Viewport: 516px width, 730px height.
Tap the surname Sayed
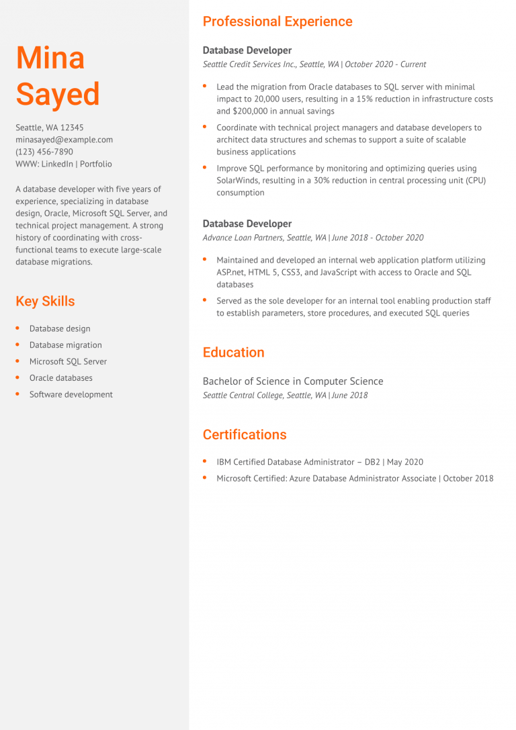(58, 94)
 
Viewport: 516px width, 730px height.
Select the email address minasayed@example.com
(64, 140)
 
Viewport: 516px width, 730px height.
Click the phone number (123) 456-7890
(44, 152)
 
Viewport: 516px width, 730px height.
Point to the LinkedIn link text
(57, 164)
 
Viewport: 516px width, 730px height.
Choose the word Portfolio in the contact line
(96, 164)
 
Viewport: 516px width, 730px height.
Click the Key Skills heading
(45, 301)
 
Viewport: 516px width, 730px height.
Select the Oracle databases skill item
(60, 378)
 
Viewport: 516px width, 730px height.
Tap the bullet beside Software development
(18, 394)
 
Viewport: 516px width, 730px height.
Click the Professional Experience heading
(277, 21)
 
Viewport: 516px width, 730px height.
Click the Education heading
(233, 353)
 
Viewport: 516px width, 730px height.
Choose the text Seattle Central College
(243, 396)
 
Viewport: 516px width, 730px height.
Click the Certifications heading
(245, 435)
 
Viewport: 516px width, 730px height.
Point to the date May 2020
(405, 462)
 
